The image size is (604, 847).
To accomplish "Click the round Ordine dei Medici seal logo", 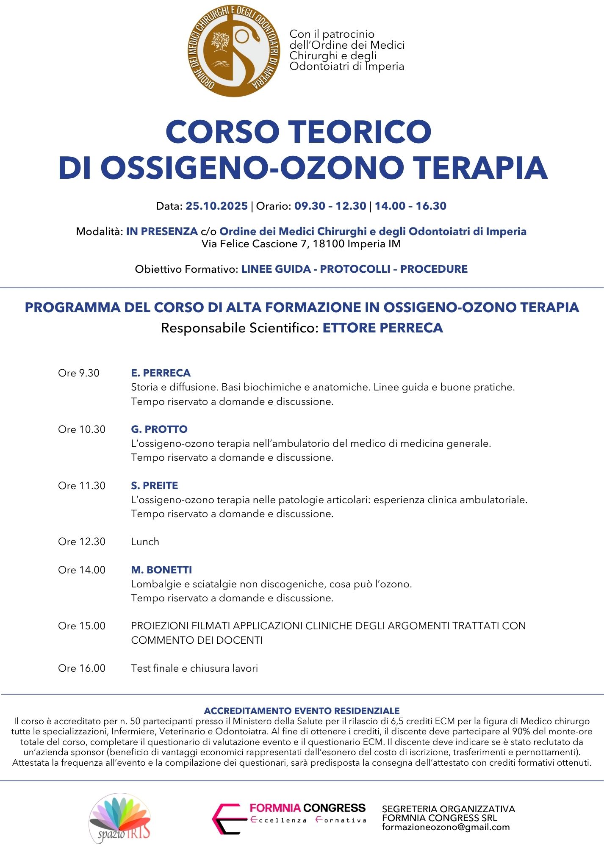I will [234, 50].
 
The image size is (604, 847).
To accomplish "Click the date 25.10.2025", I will [216, 206].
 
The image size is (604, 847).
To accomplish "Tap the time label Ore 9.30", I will [79, 373].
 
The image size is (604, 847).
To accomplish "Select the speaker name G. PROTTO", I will [159, 429].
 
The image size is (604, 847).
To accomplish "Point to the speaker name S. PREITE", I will [155, 486].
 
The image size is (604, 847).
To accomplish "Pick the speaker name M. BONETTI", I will [161, 570].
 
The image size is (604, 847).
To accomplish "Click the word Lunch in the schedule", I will [145, 542].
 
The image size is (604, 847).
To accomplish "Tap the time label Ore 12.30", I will [82, 542].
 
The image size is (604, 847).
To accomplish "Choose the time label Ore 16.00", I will [82, 668].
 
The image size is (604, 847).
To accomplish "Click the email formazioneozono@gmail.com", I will [446, 827].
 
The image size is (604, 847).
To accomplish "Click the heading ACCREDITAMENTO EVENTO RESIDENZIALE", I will [302, 711].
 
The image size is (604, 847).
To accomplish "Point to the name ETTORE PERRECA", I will [382, 328].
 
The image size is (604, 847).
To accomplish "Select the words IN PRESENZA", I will [162, 232].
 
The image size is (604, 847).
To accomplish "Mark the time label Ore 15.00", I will [82, 626].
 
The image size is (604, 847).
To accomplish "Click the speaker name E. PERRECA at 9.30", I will [161, 373].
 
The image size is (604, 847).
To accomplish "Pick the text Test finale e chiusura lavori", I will [194, 668].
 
